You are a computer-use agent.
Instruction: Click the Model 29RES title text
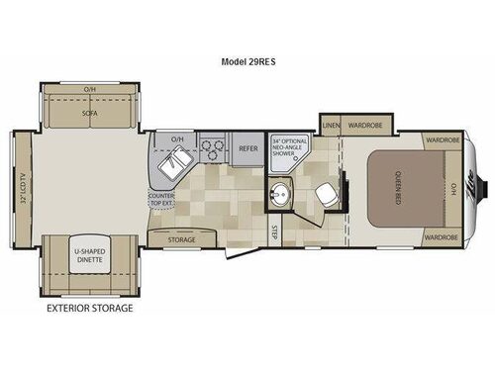(247, 58)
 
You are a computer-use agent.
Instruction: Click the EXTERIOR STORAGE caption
(89, 308)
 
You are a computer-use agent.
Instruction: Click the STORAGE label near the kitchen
(181, 239)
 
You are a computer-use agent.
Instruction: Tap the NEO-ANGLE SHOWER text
(291, 148)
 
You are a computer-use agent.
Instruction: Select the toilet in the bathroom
(327, 195)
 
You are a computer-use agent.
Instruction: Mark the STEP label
(274, 232)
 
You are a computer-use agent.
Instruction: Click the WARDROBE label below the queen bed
(440, 237)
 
